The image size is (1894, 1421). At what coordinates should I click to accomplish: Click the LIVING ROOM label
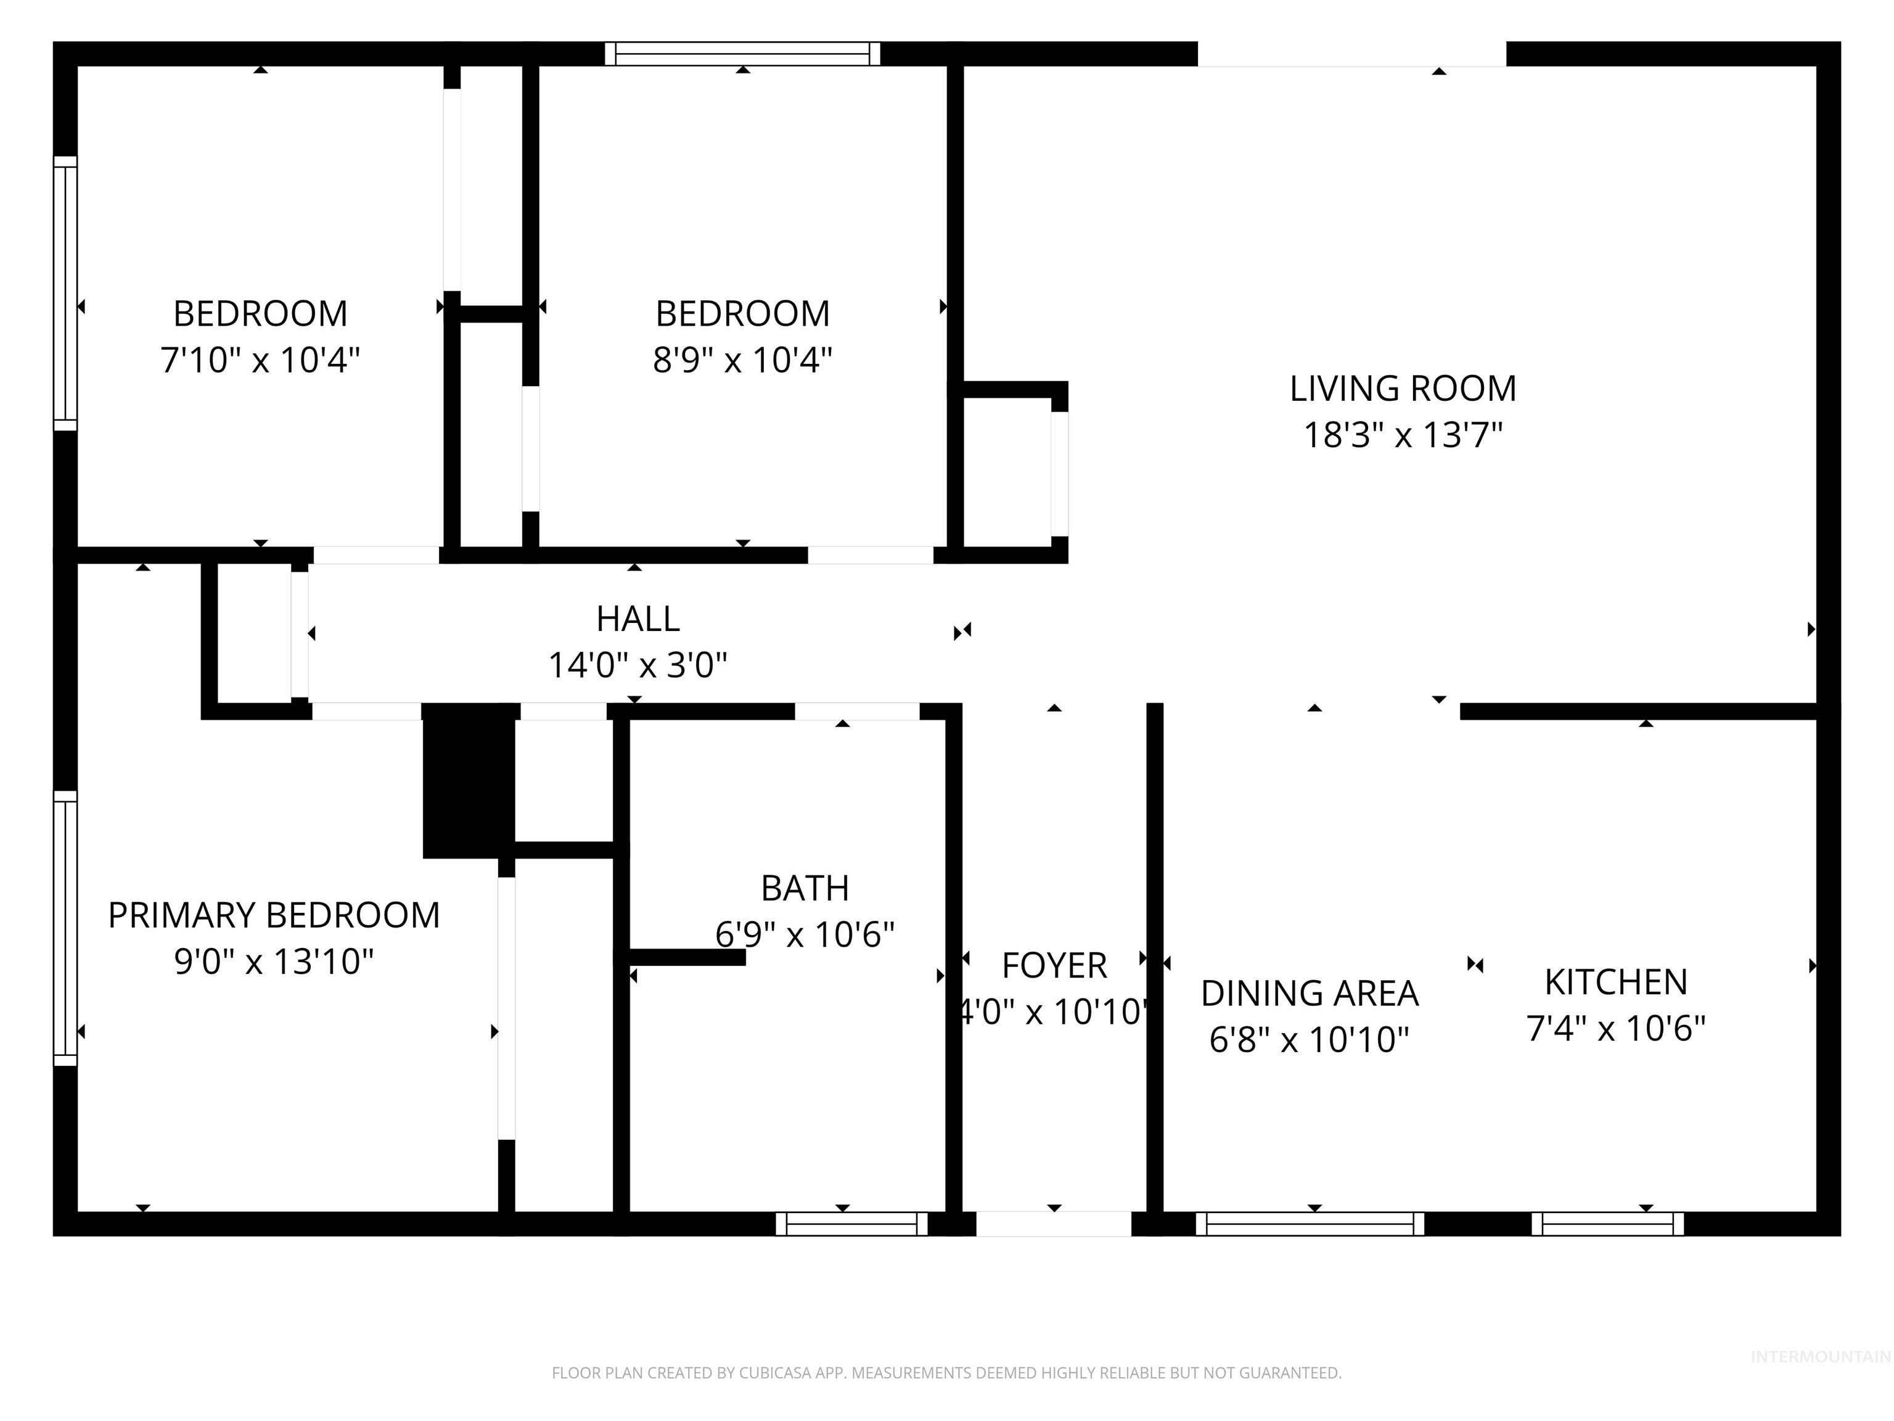[x=1403, y=389]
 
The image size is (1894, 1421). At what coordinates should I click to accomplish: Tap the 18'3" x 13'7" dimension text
[x=1403, y=435]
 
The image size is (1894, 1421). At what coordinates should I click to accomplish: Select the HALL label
[x=638, y=619]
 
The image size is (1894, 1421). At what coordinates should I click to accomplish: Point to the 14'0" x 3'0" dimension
[x=638, y=665]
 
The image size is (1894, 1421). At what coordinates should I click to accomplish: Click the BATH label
[x=805, y=888]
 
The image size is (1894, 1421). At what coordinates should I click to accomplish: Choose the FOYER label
[x=1054, y=965]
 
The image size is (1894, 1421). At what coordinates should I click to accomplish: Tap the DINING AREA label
[x=1309, y=994]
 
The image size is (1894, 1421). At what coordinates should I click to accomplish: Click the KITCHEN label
[x=1616, y=982]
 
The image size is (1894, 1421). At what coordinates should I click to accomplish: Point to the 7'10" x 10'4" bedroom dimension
[x=260, y=360]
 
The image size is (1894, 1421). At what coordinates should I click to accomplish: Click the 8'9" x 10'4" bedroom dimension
[x=742, y=360]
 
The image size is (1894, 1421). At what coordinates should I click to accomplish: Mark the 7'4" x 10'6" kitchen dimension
[x=1616, y=1028]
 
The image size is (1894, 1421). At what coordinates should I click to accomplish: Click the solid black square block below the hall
[x=469, y=780]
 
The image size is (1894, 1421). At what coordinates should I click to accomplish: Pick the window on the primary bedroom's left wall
[x=66, y=928]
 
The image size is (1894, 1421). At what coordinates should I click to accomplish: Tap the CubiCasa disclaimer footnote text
[x=946, y=1373]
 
